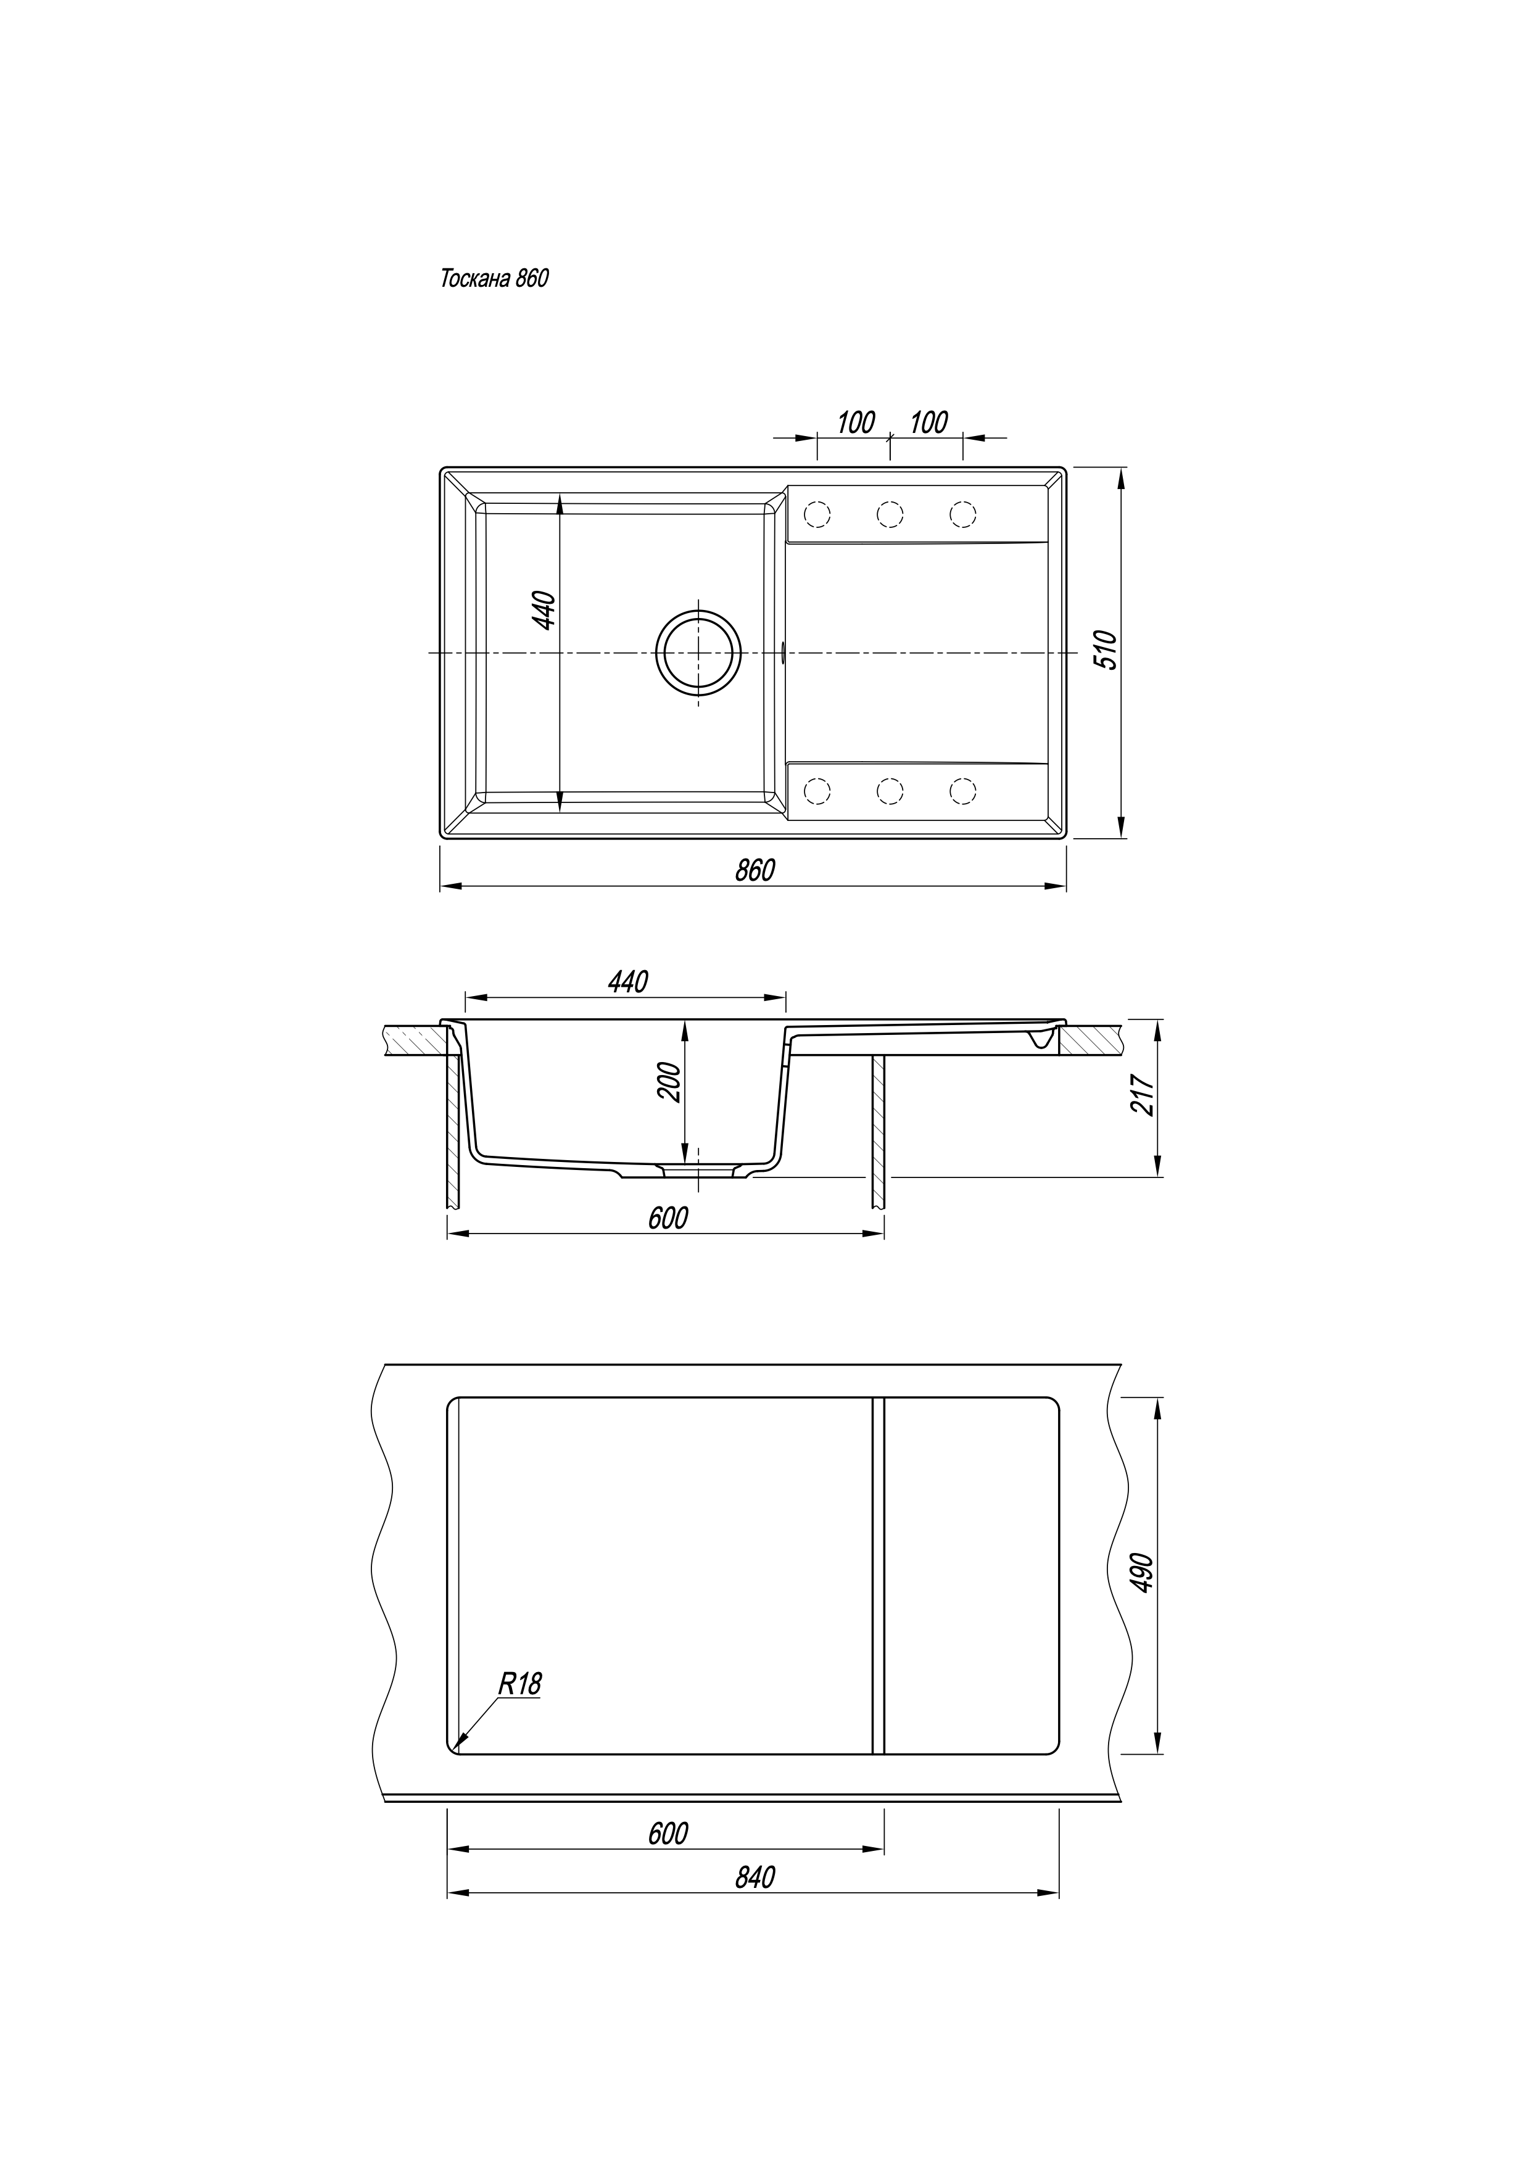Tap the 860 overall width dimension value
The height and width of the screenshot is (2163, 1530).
(755, 870)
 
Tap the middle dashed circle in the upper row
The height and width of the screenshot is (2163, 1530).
(890, 514)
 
